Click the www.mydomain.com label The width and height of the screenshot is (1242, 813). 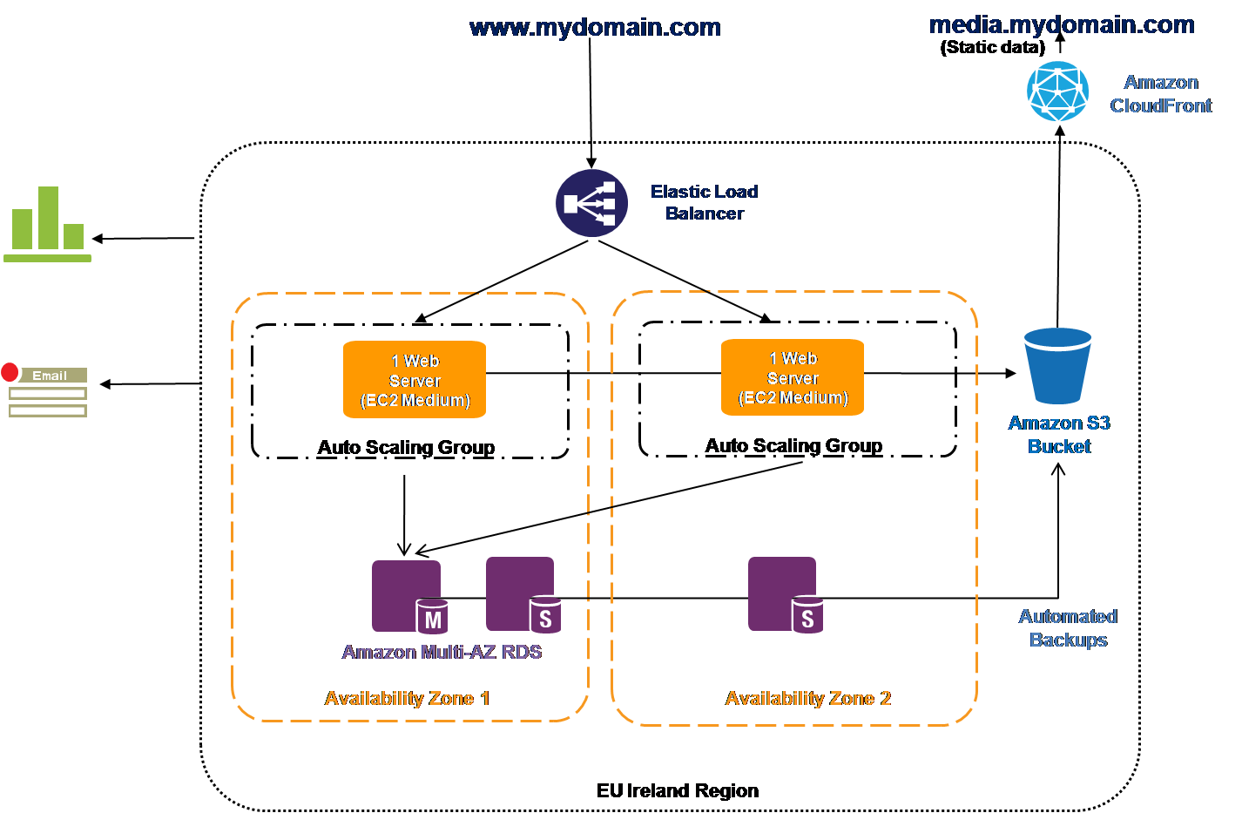595,28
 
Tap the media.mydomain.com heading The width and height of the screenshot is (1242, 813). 1062,24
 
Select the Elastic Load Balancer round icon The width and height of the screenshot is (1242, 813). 591,204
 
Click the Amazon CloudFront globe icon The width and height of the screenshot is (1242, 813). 1057,91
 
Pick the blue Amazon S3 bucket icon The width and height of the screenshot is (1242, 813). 1057,365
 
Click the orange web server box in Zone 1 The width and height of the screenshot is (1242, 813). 415,380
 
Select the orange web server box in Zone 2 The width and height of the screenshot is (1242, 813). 793,377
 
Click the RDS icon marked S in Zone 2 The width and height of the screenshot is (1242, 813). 784,594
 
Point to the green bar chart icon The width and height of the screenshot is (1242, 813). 48,224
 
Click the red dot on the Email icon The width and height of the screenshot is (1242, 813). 10,372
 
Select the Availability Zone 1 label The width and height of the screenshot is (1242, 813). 407,698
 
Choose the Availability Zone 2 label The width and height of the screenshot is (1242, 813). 807,698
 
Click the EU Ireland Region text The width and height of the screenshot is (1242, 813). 677,790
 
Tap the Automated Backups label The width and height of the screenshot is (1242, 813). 1068,627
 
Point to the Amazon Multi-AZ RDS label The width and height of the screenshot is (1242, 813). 442,652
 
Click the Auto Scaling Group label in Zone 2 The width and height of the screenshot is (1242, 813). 793,445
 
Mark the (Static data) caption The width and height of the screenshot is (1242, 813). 992,48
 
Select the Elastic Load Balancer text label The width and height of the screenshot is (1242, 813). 704,202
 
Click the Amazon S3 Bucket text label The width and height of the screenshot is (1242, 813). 1059,434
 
